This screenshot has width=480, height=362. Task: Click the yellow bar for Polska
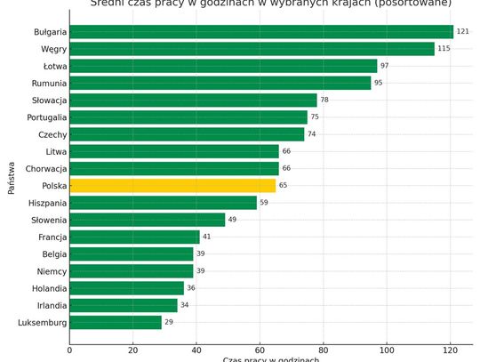pos(172,186)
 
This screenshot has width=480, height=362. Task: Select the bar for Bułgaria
pos(261,32)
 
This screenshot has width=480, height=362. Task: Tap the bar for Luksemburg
pos(116,322)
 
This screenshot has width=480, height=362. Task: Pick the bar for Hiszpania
pos(163,203)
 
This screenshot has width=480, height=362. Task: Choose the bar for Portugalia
pos(188,117)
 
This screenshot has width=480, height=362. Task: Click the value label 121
pos(462,32)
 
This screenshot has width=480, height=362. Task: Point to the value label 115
pos(444,49)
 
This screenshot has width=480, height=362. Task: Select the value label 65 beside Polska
pos(283,186)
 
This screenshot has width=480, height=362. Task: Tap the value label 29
pos(169,322)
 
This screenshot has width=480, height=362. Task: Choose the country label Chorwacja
pos(45,169)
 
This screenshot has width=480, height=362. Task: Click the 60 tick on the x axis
pos(260,350)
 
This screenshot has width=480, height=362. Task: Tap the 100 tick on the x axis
pos(386,350)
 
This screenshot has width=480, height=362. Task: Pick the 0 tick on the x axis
pos(69,350)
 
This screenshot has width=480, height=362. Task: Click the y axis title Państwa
pos(12,177)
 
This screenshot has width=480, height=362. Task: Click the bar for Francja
pos(134,237)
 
